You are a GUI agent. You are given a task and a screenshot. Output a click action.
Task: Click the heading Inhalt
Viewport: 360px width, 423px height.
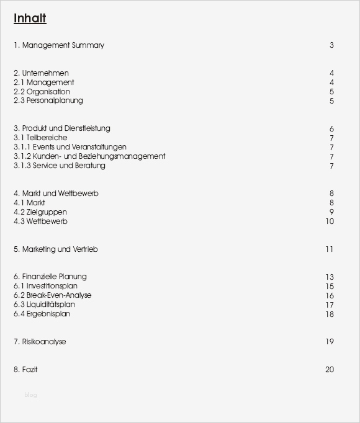point(30,19)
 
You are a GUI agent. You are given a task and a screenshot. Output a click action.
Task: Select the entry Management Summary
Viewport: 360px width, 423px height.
point(59,45)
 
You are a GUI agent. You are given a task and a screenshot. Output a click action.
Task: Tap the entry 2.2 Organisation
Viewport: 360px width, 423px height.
point(42,92)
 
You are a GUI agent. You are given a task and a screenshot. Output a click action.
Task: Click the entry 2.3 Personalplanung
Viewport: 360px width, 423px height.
point(48,100)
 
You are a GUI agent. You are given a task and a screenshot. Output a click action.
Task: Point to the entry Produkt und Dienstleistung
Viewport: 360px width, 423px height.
point(61,128)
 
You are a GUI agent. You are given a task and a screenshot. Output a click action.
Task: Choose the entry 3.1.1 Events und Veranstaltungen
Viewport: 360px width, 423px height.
point(70,147)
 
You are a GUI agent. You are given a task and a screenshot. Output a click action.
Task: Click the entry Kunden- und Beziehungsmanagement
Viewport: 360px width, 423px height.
point(89,156)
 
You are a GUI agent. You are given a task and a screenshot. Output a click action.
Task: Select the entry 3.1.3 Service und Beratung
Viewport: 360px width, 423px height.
point(60,166)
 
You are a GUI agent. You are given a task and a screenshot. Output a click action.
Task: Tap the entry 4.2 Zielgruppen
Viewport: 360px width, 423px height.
point(40,212)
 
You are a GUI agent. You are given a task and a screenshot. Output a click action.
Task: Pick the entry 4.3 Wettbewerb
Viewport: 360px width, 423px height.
point(40,221)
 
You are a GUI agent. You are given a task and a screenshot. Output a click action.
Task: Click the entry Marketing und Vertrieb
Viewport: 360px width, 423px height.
point(56,249)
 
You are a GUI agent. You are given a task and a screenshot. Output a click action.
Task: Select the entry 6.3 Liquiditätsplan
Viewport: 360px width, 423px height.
point(44,305)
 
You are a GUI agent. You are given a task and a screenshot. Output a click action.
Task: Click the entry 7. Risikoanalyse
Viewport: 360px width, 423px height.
point(40,342)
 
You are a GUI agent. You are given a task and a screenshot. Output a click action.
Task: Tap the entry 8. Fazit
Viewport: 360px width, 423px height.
point(25,370)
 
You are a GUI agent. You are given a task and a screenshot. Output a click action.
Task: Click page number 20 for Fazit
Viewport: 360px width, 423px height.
point(329,370)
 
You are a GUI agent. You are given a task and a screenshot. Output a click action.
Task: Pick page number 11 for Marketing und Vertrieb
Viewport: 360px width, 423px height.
point(329,249)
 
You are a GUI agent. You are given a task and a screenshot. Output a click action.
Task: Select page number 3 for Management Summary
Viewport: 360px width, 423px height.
point(332,45)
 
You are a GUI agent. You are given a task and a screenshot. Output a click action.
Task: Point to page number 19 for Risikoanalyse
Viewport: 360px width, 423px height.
point(329,342)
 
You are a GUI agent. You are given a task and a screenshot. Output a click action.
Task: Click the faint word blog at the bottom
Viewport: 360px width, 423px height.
point(30,395)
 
